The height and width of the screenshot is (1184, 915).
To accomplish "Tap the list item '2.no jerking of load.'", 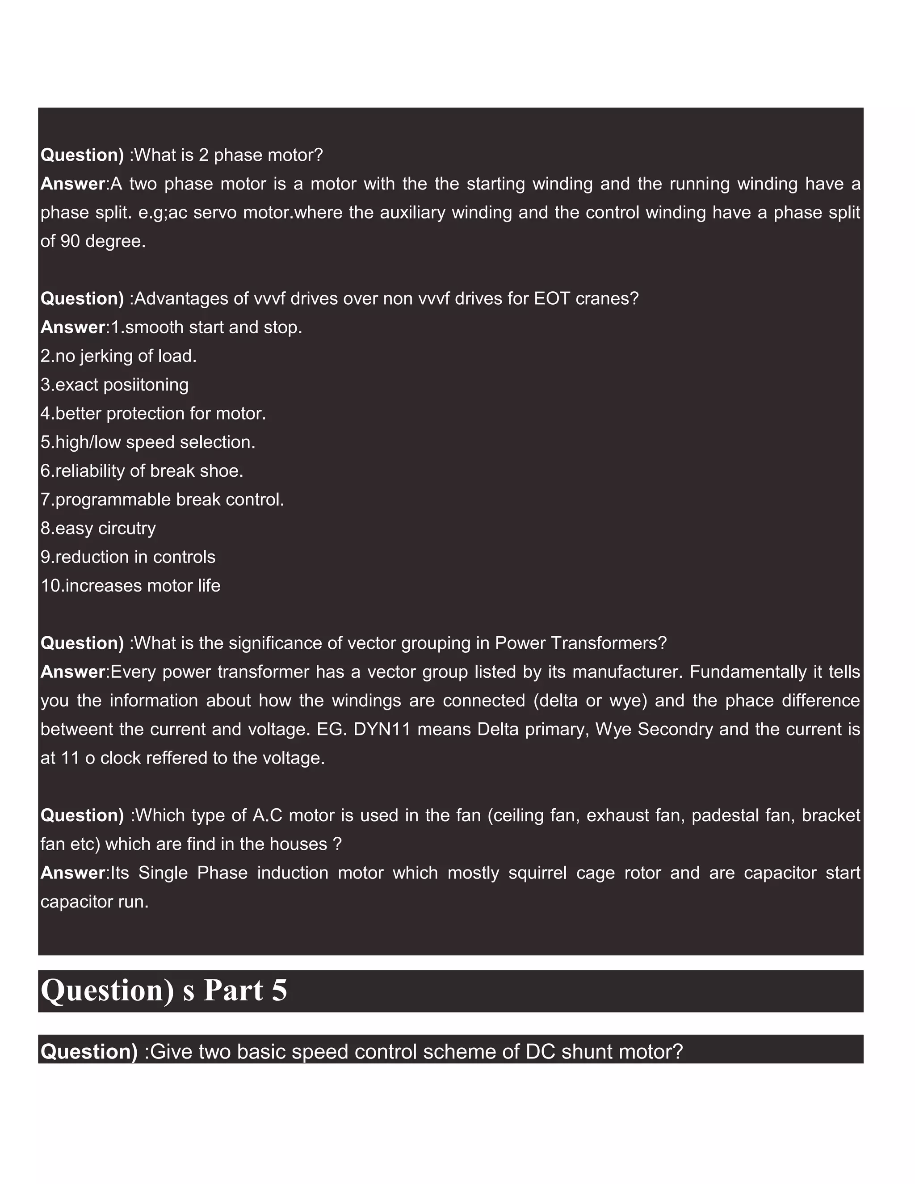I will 118,356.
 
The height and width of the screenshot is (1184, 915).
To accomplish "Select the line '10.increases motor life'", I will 130,585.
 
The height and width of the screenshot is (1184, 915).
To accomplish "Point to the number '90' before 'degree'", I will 70,241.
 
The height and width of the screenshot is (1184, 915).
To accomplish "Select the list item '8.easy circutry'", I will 98,528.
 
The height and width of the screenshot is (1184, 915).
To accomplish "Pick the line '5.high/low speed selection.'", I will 147,442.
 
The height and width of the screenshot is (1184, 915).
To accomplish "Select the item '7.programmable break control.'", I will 162,500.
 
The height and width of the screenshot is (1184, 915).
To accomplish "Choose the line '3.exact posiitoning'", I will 114,385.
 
